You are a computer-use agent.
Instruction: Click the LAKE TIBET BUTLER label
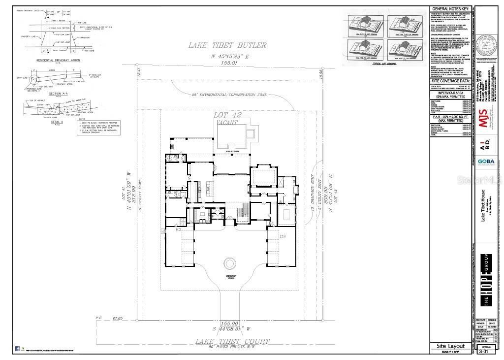coord(228,45)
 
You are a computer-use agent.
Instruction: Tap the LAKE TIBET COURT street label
coord(232,341)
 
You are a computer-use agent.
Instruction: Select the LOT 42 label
coord(227,115)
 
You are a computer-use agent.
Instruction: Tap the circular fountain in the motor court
coord(230,263)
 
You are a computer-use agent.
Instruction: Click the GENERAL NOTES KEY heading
coord(451,9)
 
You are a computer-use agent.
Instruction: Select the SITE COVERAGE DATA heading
coord(451,80)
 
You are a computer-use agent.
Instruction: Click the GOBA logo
coord(486,161)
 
